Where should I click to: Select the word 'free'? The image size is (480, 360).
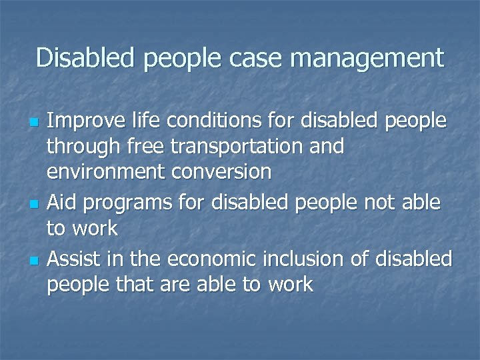pyautogui.click(x=129, y=147)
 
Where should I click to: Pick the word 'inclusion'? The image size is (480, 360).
pyautogui.click(x=317, y=258)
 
